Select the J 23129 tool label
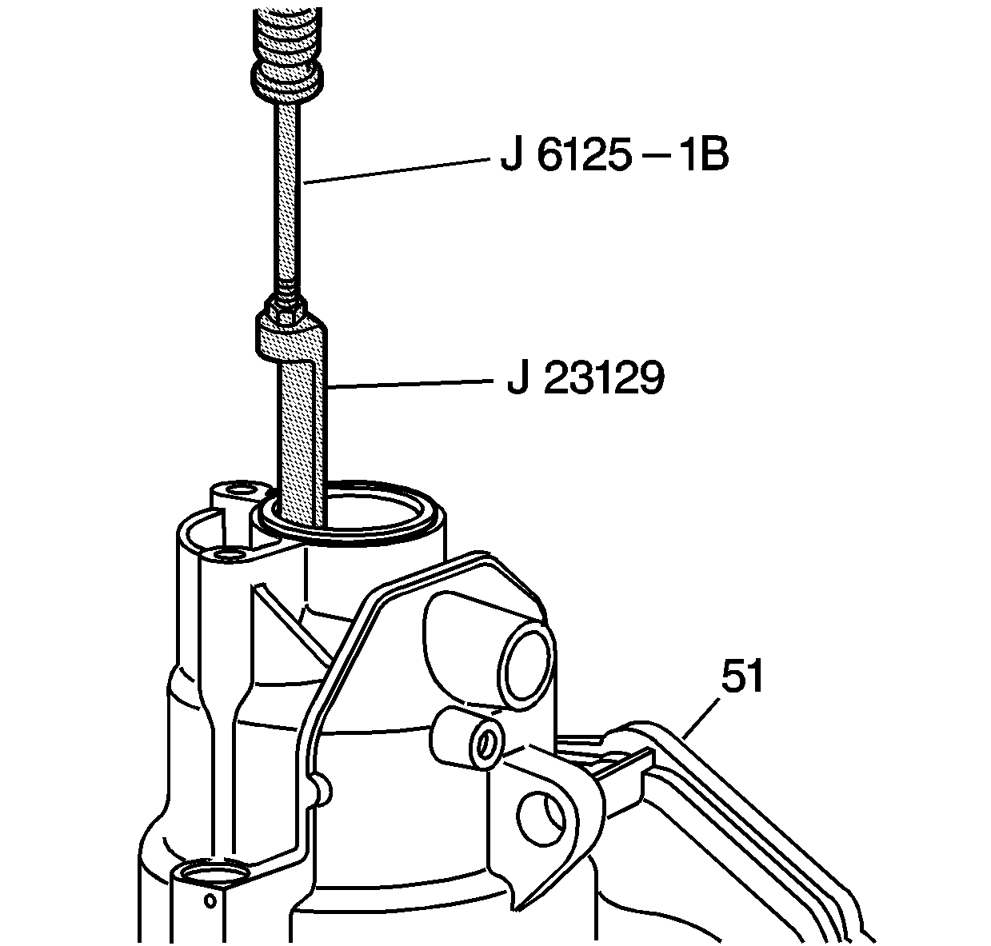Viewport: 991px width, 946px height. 585,379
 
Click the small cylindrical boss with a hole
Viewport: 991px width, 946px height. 477,740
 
